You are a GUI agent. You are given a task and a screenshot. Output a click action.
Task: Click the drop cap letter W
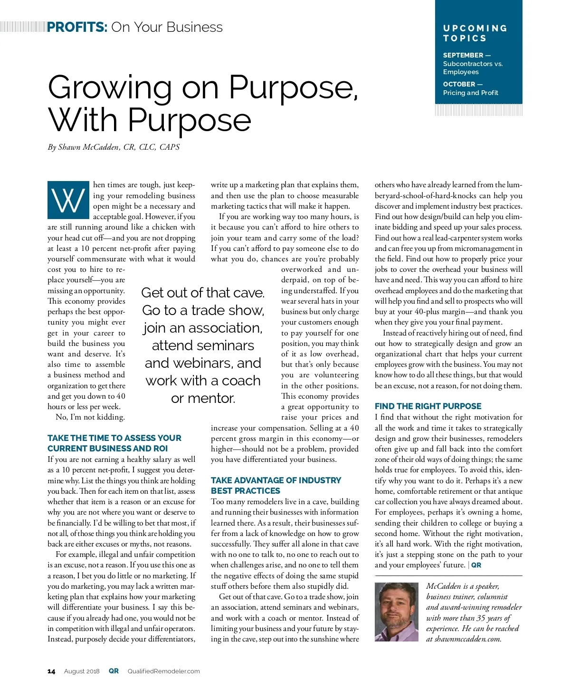68,200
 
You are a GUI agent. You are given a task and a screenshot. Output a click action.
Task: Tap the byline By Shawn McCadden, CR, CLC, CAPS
114,147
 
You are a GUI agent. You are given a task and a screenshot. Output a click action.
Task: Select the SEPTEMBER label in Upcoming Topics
463,55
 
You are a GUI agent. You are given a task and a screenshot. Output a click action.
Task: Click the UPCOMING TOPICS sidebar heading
475,33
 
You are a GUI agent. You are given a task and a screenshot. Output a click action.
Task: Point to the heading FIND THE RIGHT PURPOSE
428,406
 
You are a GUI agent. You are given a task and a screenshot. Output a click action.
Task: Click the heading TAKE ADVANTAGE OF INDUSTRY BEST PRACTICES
276,486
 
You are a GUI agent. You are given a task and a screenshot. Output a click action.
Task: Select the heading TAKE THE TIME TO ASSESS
114,443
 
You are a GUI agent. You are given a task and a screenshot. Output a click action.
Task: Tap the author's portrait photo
397,612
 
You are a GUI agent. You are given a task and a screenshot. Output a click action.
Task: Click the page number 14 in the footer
51,671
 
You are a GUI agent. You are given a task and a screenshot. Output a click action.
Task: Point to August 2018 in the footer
82,671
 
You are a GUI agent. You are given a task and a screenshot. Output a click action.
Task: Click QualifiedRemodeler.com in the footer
163,671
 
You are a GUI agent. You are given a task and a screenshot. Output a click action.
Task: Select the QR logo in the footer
114,671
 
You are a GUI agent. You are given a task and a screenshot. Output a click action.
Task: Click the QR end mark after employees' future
476,565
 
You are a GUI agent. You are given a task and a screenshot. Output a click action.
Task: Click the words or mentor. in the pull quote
203,398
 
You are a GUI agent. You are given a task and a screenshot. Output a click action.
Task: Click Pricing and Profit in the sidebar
470,93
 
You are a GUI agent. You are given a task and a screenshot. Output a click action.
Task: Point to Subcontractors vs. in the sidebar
473,64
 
